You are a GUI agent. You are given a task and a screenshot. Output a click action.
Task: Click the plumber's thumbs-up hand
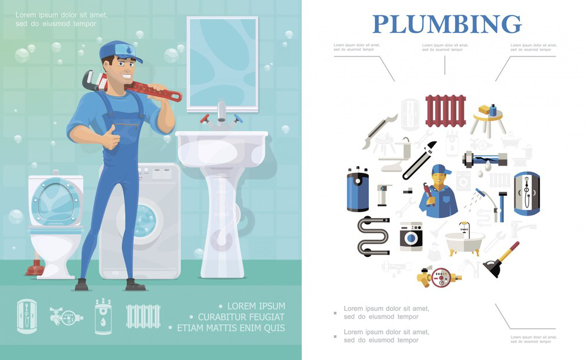point(111,139)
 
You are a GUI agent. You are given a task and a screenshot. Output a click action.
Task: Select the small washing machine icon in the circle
point(411,237)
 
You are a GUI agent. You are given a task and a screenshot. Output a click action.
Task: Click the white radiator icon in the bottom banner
point(143,316)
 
